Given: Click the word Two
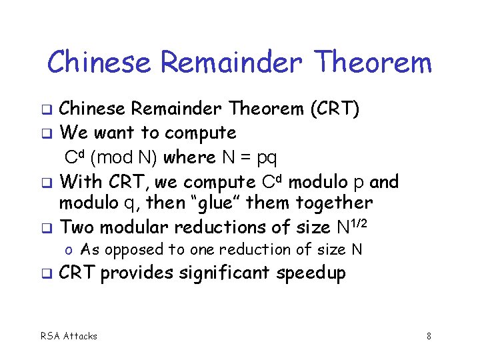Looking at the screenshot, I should click(x=76, y=227).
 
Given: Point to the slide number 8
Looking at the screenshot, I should click(x=429, y=336).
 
